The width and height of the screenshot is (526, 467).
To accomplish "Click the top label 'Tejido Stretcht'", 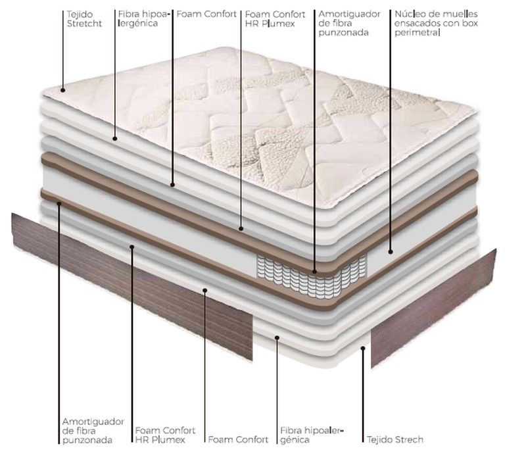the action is pos(84,19).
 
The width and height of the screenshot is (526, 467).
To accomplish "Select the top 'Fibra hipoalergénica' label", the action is pos(144,19).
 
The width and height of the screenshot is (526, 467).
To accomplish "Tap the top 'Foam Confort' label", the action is pos(206,14).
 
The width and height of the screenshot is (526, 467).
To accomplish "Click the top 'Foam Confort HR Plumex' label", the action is pos(275,19).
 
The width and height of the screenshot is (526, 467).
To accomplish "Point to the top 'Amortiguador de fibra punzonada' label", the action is pos(349,23).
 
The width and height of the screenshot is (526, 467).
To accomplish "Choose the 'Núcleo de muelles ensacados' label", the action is pos(436,23).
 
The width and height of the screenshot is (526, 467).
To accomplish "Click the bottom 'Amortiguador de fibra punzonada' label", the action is pos(93,431).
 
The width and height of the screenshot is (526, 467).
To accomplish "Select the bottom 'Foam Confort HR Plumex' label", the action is pos(165,435).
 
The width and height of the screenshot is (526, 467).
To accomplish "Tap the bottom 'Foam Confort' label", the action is pos(238,439).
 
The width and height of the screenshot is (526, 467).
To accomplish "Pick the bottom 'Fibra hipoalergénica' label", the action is pos(312,435).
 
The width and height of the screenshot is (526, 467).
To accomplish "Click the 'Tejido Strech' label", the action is pos(395,439).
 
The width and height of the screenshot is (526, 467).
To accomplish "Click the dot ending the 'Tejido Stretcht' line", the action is pos(62,90).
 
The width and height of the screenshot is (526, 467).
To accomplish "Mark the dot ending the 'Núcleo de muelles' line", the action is pos(391,252).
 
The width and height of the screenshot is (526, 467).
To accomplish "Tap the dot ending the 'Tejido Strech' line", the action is pos(363,349).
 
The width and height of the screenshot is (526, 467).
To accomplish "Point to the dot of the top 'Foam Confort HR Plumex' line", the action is pos(241,229).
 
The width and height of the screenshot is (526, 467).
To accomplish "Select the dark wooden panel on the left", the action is pos(132,285).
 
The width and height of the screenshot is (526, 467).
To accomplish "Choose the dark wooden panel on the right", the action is pos(433,308).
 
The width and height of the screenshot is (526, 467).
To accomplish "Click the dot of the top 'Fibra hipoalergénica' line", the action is pos(114,139).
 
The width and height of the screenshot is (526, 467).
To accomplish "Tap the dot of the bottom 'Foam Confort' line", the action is pos(204,290).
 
